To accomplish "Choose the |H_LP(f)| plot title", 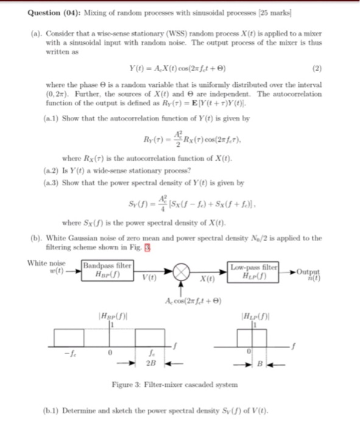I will point(253,315).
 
